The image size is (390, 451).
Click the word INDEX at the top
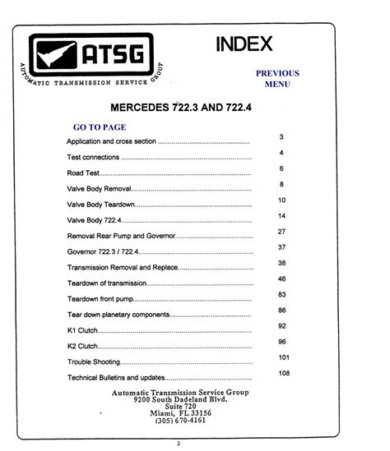(x=244, y=44)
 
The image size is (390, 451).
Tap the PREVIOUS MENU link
(x=276, y=78)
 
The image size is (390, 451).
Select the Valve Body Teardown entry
(x=100, y=205)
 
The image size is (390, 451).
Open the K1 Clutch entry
(x=81, y=330)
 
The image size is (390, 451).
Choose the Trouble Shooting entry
(x=93, y=361)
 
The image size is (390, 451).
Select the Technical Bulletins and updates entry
(x=115, y=378)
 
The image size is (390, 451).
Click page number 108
(x=285, y=374)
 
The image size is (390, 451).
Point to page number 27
(x=281, y=232)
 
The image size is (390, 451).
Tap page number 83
(x=282, y=294)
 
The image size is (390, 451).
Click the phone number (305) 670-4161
(x=179, y=421)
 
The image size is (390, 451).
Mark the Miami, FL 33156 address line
(x=179, y=412)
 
